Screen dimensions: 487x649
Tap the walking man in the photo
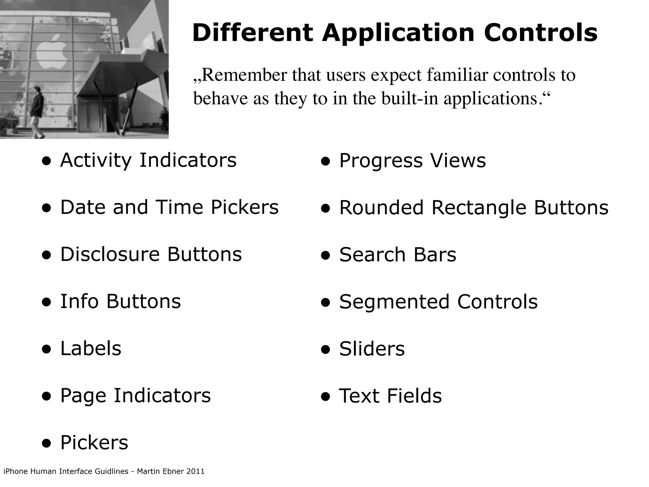[x=38, y=111]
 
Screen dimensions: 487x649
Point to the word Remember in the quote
[x=244, y=75]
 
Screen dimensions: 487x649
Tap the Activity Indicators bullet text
[x=148, y=160]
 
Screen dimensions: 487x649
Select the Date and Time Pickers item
[x=169, y=207]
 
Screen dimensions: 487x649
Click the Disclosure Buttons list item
[x=151, y=254]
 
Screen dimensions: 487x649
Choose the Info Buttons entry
[x=120, y=301]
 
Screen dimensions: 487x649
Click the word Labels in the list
[x=91, y=348]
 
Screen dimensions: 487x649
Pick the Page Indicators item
[x=135, y=396]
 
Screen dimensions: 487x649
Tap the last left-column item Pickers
[x=94, y=443]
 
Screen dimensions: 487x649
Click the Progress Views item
[x=412, y=160]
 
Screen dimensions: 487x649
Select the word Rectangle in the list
[x=479, y=208]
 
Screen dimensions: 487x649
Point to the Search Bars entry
[x=397, y=255]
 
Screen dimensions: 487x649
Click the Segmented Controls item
[x=438, y=302]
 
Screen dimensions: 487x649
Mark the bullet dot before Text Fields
[x=325, y=397]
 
